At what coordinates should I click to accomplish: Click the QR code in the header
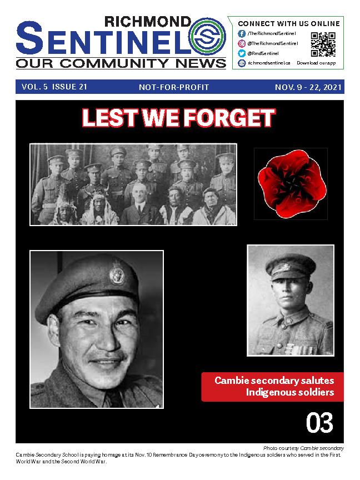coord(323,44)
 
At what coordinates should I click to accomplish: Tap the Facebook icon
coord(242,33)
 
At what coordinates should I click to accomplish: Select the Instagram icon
coord(242,43)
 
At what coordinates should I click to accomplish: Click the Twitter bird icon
coord(242,53)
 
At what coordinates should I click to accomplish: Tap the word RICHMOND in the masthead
coord(148,22)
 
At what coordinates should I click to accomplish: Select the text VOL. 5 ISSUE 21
coord(54,87)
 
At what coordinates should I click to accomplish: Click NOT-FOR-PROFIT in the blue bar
coord(174,88)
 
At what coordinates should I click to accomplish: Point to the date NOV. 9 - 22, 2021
coord(308,88)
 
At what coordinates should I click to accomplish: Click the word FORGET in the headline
coord(229,118)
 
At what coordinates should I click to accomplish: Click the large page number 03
coord(319,424)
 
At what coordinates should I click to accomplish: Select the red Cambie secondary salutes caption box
coord(272,387)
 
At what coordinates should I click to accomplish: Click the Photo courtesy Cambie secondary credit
coord(303,448)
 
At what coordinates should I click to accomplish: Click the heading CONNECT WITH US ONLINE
coord(288,23)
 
